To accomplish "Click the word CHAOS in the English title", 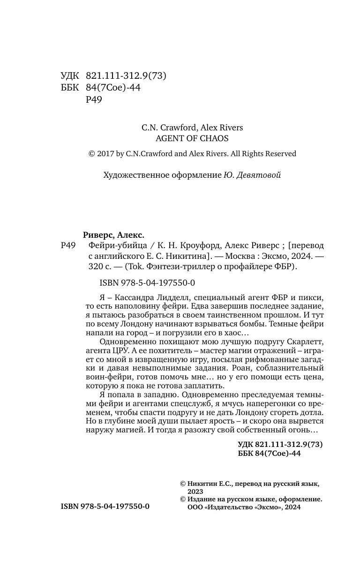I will pos(216,138).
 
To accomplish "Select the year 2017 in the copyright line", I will pos(106,154).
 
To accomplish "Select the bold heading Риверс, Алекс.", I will pos(113,235).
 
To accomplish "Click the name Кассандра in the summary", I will pos(133,298).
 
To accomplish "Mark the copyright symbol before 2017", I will pos(91,154).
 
